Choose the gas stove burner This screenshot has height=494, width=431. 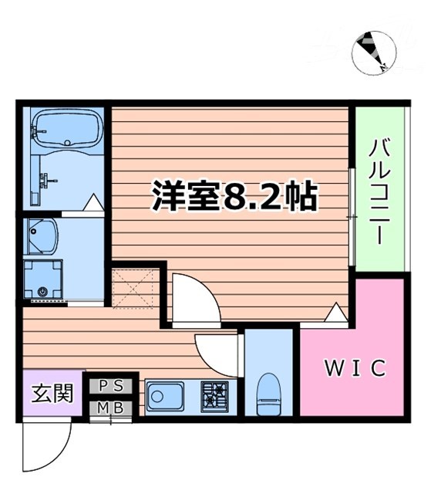click(x=216, y=396)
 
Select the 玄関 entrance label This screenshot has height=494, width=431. click(x=52, y=394)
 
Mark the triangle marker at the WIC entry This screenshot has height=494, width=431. click(x=335, y=313)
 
